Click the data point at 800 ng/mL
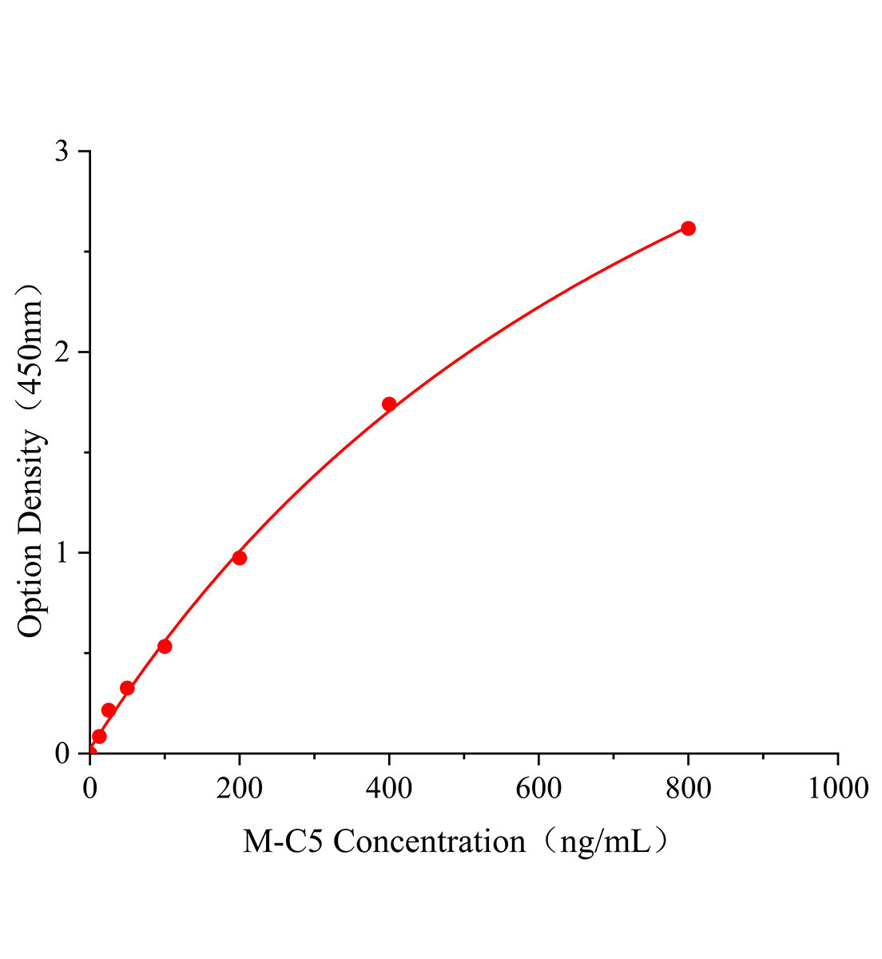click(x=688, y=229)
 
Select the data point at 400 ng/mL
click(x=389, y=404)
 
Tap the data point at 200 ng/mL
click(x=240, y=558)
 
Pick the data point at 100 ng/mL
click(x=165, y=646)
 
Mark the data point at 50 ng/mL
click(x=127, y=688)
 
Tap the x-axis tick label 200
click(x=240, y=789)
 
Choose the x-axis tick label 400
click(x=389, y=789)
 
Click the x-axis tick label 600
click(x=538, y=789)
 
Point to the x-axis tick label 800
click(x=688, y=789)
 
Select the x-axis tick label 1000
click(x=836, y=789)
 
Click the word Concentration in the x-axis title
click(x=429, y=842)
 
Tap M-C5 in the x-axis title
click(x=284, y=842)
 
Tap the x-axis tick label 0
click(x=89, y=789)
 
